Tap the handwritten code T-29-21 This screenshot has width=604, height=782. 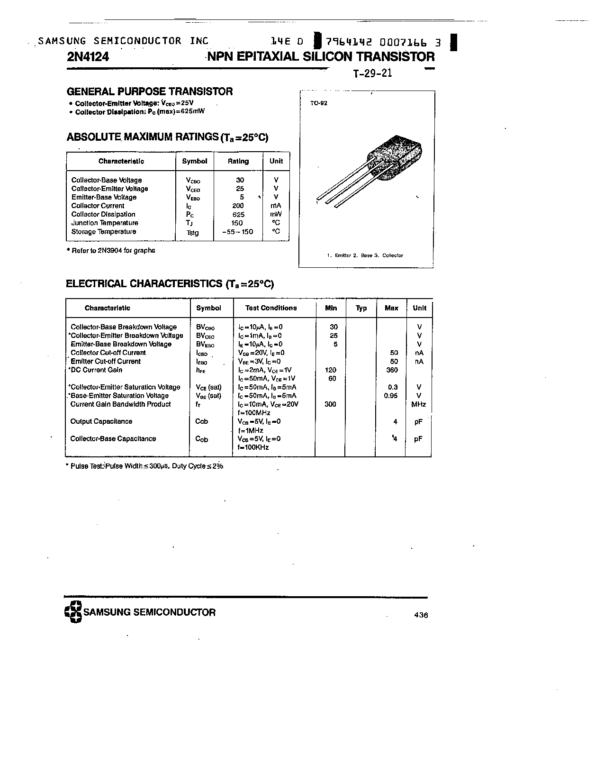click(x=373, y=74)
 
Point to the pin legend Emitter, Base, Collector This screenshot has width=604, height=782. click(x=365, y=255)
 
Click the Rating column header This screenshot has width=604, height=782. click(x=238, y=161)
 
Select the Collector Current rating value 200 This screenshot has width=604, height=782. click(x=238, y=206)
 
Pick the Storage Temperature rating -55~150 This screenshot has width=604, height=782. click(x=237, y=232)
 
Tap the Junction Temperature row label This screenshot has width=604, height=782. click(x=105, y=223)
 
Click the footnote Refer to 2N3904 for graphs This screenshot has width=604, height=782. click(x=112, y=250)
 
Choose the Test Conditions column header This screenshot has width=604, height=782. click(x=271, y=308)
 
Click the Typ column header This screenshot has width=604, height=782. click(x=361, y=308)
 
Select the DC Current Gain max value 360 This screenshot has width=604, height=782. click(x=392, y=370)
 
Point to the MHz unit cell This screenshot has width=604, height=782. click(x=419, y=404)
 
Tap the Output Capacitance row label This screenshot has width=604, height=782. click(x=101, y=421)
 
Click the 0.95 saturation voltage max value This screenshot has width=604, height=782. click(x=391, y=396)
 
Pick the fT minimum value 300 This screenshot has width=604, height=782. click(x=330, y=404)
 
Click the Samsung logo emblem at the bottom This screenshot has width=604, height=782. click(x=73, y=612)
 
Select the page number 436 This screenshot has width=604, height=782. click(x=421, y=615)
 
